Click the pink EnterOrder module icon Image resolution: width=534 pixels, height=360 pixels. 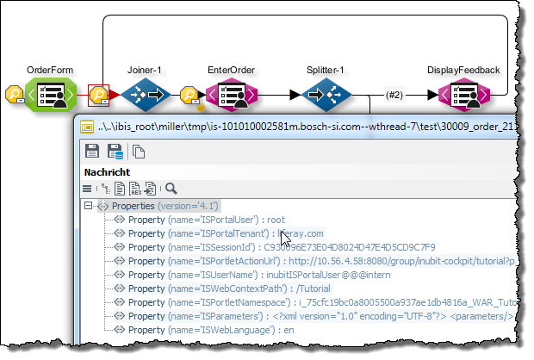tap(230, 93)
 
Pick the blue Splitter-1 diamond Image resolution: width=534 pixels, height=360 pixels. tap(325, 93)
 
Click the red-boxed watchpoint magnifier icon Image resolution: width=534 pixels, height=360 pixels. tap(98, 94)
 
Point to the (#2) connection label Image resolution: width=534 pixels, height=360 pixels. tap(394, 94)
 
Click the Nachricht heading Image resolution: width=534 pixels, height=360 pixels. tap(106, 172)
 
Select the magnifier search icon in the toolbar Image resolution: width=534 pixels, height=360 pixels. tap(171, 189)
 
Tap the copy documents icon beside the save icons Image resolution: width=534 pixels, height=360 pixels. tap(138, 152)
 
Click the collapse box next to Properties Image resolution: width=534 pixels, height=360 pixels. tap(88, 206)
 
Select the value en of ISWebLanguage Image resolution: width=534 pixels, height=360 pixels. tap(290, 329)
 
